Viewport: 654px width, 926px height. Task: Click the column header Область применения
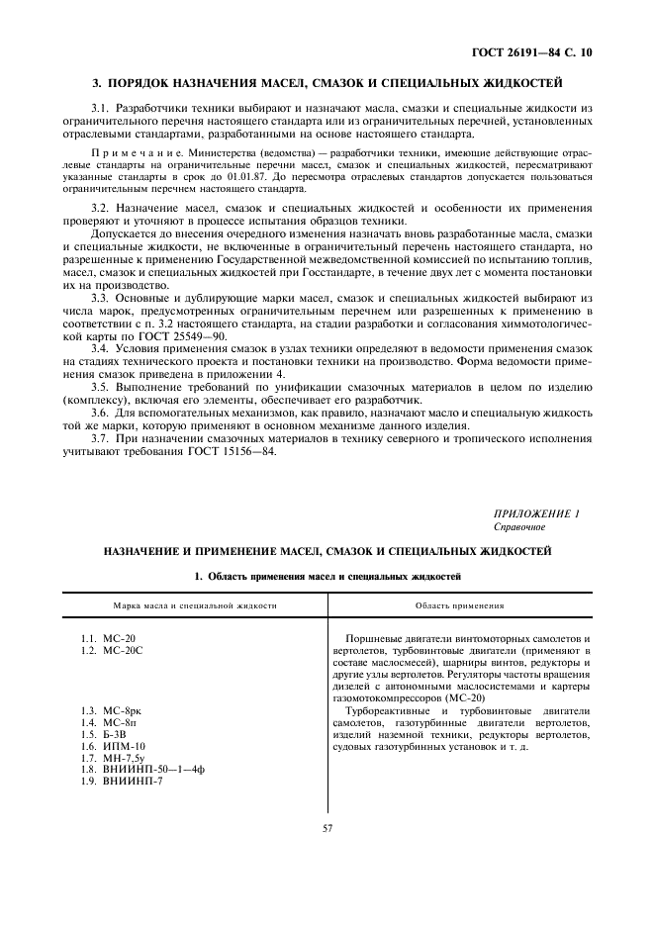tap(459, 604)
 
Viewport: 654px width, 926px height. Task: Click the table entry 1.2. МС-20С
tap(112, 650)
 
